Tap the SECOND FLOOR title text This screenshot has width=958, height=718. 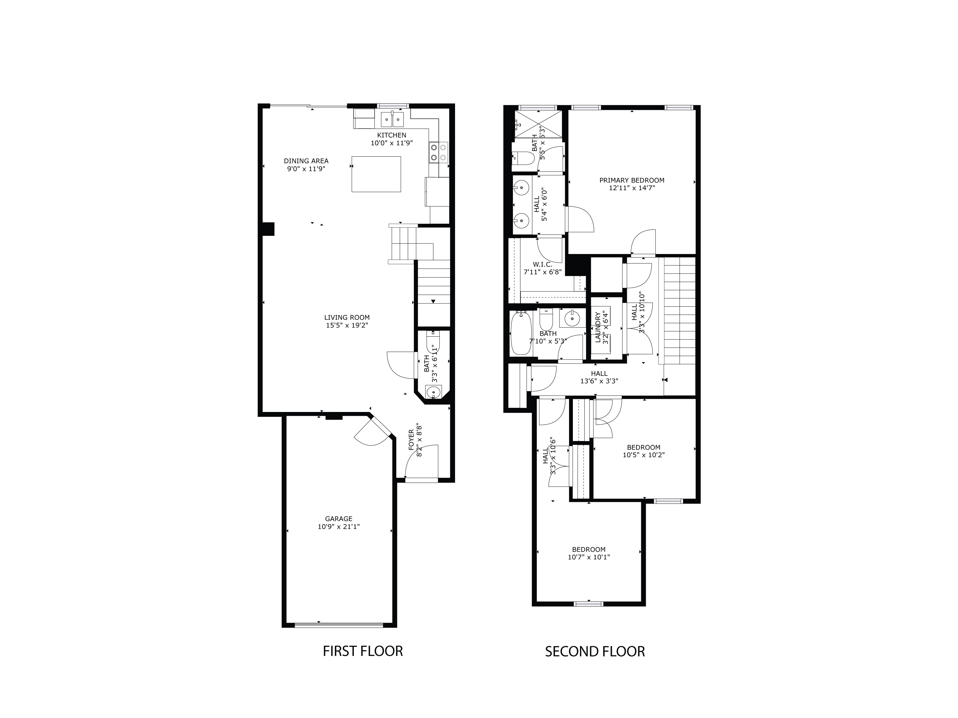tap(595, 651)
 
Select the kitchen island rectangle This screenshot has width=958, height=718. tap(376, 174)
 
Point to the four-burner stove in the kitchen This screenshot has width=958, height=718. tap(438, 152)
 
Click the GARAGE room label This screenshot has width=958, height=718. tap(339, 519)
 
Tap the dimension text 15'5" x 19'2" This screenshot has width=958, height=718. tap(347, 325)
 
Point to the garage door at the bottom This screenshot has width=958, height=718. tap(339, 625)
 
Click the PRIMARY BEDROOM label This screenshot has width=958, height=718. tap(631, 180)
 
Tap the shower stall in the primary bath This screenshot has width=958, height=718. tap(538, 124)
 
